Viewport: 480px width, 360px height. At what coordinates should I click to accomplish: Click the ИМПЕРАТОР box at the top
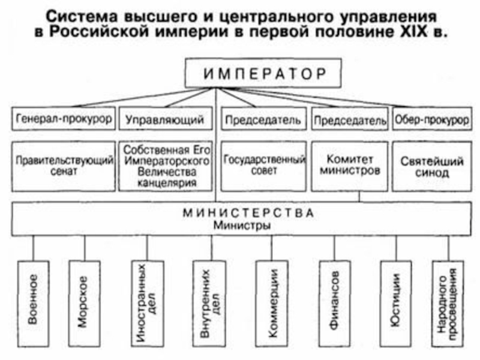[263, 73]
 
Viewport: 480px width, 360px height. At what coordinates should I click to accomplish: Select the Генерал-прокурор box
[64, 118]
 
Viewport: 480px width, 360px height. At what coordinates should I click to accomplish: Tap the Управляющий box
[166, 118]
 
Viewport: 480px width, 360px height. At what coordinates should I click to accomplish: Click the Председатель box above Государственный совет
[263, 119]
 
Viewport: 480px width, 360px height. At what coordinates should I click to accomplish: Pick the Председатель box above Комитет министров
[350, 119]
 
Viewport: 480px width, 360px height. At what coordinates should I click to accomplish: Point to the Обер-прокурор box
[432, 119]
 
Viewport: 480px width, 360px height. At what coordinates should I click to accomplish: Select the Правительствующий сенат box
[64, 166]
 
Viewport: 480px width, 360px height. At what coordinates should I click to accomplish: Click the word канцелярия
[167, 183]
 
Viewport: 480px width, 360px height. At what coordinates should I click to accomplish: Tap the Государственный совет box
[263, 166]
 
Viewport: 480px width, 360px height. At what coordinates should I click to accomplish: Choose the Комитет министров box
[350, 166]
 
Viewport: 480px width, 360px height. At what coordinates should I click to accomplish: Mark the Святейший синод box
[432, 166]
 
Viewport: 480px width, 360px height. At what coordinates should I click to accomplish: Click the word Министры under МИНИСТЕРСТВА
[242, 226]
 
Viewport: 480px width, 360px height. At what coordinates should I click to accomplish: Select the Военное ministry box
[33, 304]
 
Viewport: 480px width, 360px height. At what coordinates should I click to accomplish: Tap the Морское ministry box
[84, 304]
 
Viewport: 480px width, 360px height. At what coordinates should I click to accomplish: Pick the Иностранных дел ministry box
[147, 304]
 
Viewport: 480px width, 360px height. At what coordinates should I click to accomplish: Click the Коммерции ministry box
[272, 304]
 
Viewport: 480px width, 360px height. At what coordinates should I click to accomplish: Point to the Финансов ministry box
[335, 304]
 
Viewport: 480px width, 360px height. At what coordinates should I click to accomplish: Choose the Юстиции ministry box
[396, 304]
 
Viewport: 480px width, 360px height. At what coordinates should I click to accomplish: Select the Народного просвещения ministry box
[448, 304]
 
